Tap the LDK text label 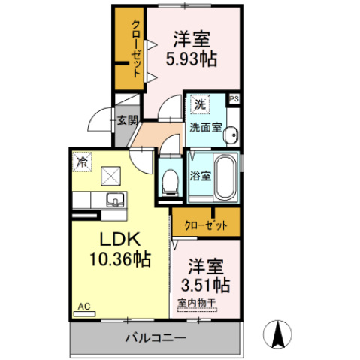click(118, 240)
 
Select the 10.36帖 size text click(119, 260)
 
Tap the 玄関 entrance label click(127, 120)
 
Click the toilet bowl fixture click(170, 180)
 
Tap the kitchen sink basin click(116, 199)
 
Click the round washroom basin click(231, 135)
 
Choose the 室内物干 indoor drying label click(197, 303)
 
